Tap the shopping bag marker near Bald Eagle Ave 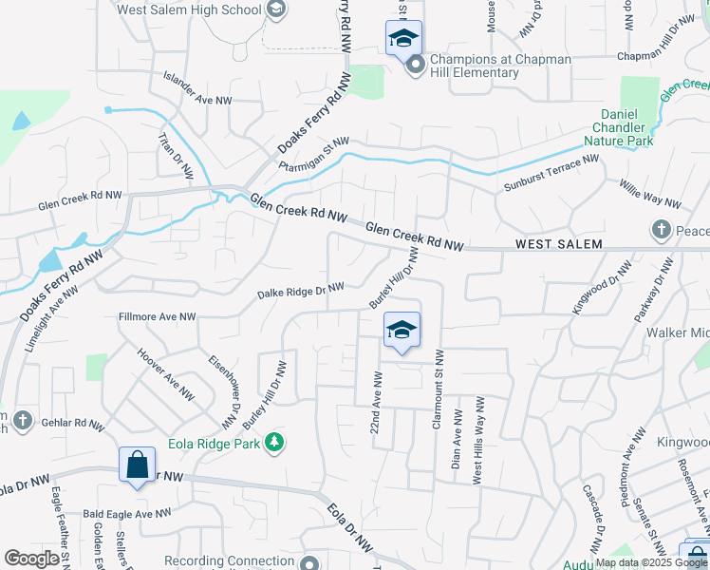137,466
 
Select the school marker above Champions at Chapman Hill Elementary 402,40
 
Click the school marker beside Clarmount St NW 402,332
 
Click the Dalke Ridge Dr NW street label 300,292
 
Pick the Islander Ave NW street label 197,87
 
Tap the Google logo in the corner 31,559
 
